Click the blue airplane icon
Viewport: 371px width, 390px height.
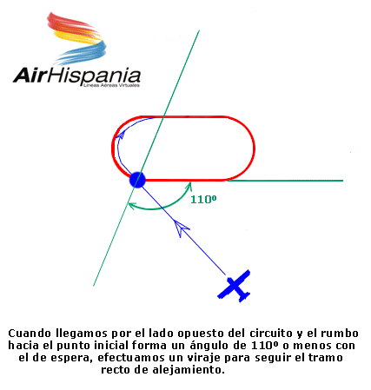(234, 286)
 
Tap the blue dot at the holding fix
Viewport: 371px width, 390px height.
(137, 180)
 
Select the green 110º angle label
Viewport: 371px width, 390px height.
(203, 199)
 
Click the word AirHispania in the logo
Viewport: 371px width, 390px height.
(77, 76)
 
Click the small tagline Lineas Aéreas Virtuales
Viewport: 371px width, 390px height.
(111, 85)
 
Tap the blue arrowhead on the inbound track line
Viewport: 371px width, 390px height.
(181, 228)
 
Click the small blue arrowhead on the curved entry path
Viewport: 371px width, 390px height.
(120, 135)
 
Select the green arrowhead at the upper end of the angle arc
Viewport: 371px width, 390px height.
(189, 187)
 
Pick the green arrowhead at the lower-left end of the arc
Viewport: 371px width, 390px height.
(133, 206)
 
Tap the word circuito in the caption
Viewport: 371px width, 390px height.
(271, 334)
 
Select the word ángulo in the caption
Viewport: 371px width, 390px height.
(210, 346)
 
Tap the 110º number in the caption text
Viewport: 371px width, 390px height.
(262, 345)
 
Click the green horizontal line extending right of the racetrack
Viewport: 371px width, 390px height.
(285, 181)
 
